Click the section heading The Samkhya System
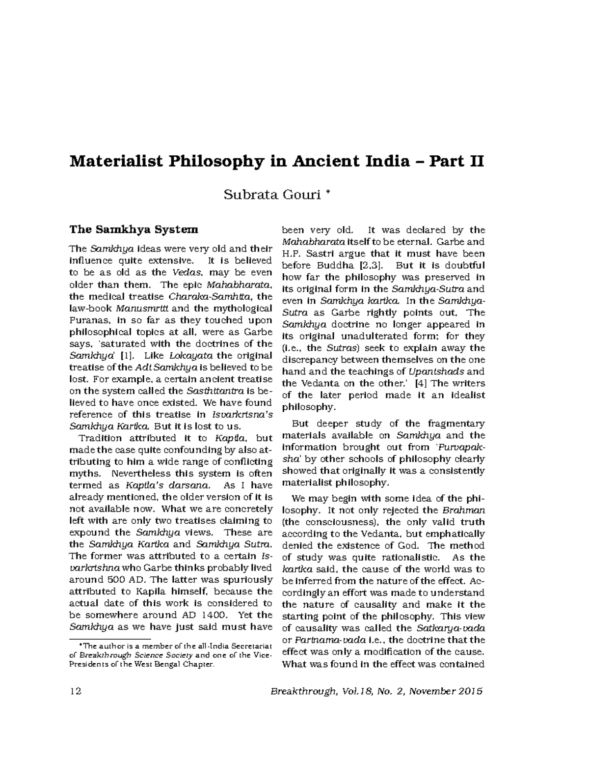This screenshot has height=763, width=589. [x=134, y=229]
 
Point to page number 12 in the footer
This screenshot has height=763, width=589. [x=76, y=691]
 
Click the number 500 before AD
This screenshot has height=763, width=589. [x=119, y=579]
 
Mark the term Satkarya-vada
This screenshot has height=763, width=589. [x=451, y=628]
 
